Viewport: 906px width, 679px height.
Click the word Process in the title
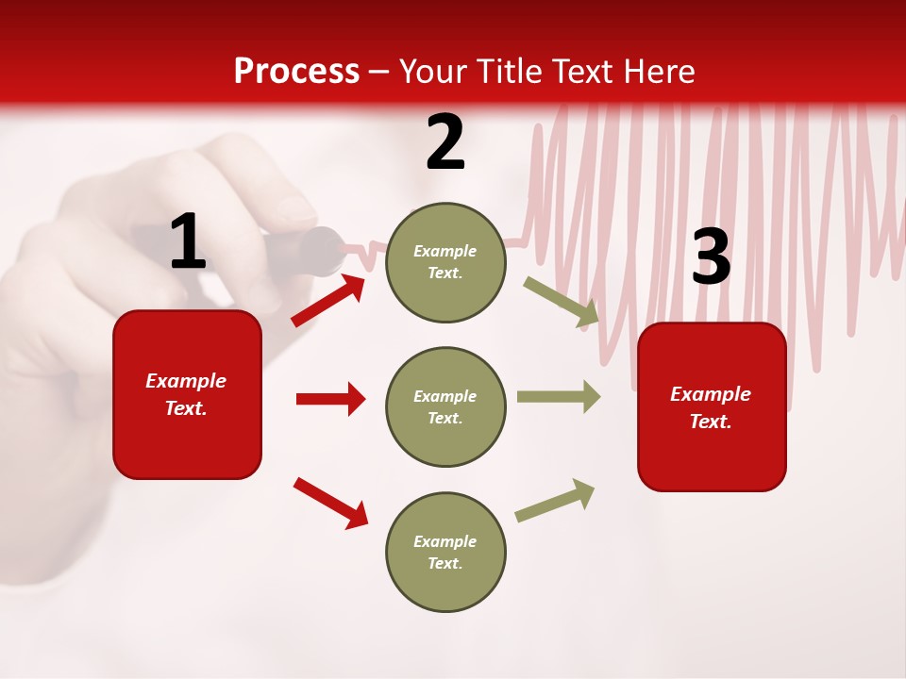pyautogui.click(x=296, y=72)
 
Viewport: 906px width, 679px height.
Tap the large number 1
pyautogui.click(x=188, y=242)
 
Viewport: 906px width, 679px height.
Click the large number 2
pyautogui.click(x=445, y=143)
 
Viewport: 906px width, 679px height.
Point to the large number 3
pyautogui.click(x=711, y=257)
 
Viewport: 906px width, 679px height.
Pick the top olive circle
pyautogui.click(x=445, y=262)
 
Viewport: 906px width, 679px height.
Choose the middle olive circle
pyautogui.click(x=445, y=407)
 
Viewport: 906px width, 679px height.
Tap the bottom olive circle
pyautogui.click(x=445, y=553)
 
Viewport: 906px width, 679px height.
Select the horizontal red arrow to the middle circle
pyautogui.click(x=330, y=399)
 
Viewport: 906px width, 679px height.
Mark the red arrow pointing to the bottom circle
pyautogui.click(x=330, y=503)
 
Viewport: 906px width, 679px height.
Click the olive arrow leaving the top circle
pyautogui.click(x=562, y=302)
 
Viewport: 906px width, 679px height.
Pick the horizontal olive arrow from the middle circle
pyautogui.click(x=559, y=396)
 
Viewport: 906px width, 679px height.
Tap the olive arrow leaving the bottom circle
pyautogui.click(x=556, y=501)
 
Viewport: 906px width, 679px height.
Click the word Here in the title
pyautogui.click(x=661, y=72)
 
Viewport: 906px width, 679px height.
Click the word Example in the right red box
pyautogui.click(x=711, y=394)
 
